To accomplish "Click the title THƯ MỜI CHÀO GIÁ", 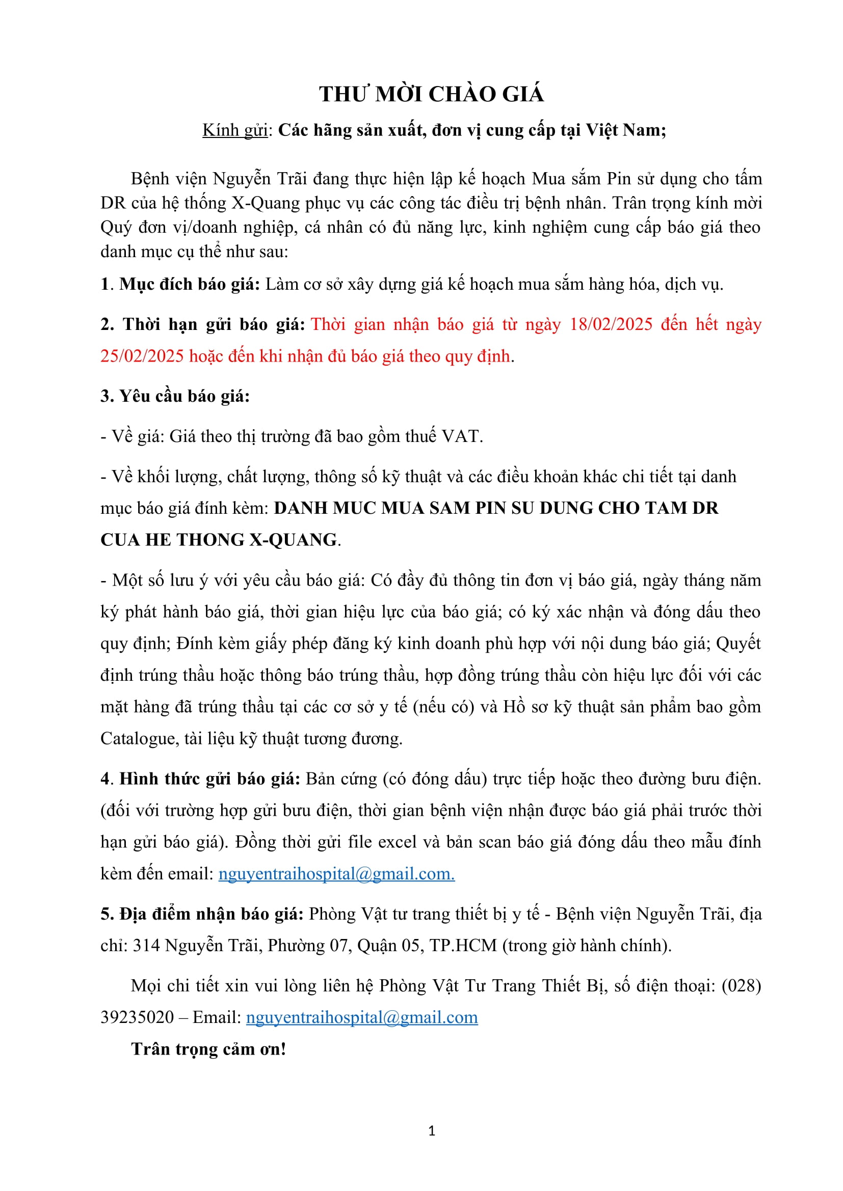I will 431,94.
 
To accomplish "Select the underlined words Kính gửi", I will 234,130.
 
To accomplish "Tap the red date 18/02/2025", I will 611,324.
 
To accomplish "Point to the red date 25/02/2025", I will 142,356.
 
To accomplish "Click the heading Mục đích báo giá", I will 190,284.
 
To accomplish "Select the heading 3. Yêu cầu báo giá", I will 175,396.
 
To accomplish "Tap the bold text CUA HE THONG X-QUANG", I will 219,539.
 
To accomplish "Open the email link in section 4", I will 336,874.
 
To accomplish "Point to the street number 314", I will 146,945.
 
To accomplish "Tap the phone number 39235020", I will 137,1017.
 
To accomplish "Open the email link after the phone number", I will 362,1017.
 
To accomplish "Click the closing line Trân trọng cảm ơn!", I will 208,1049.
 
